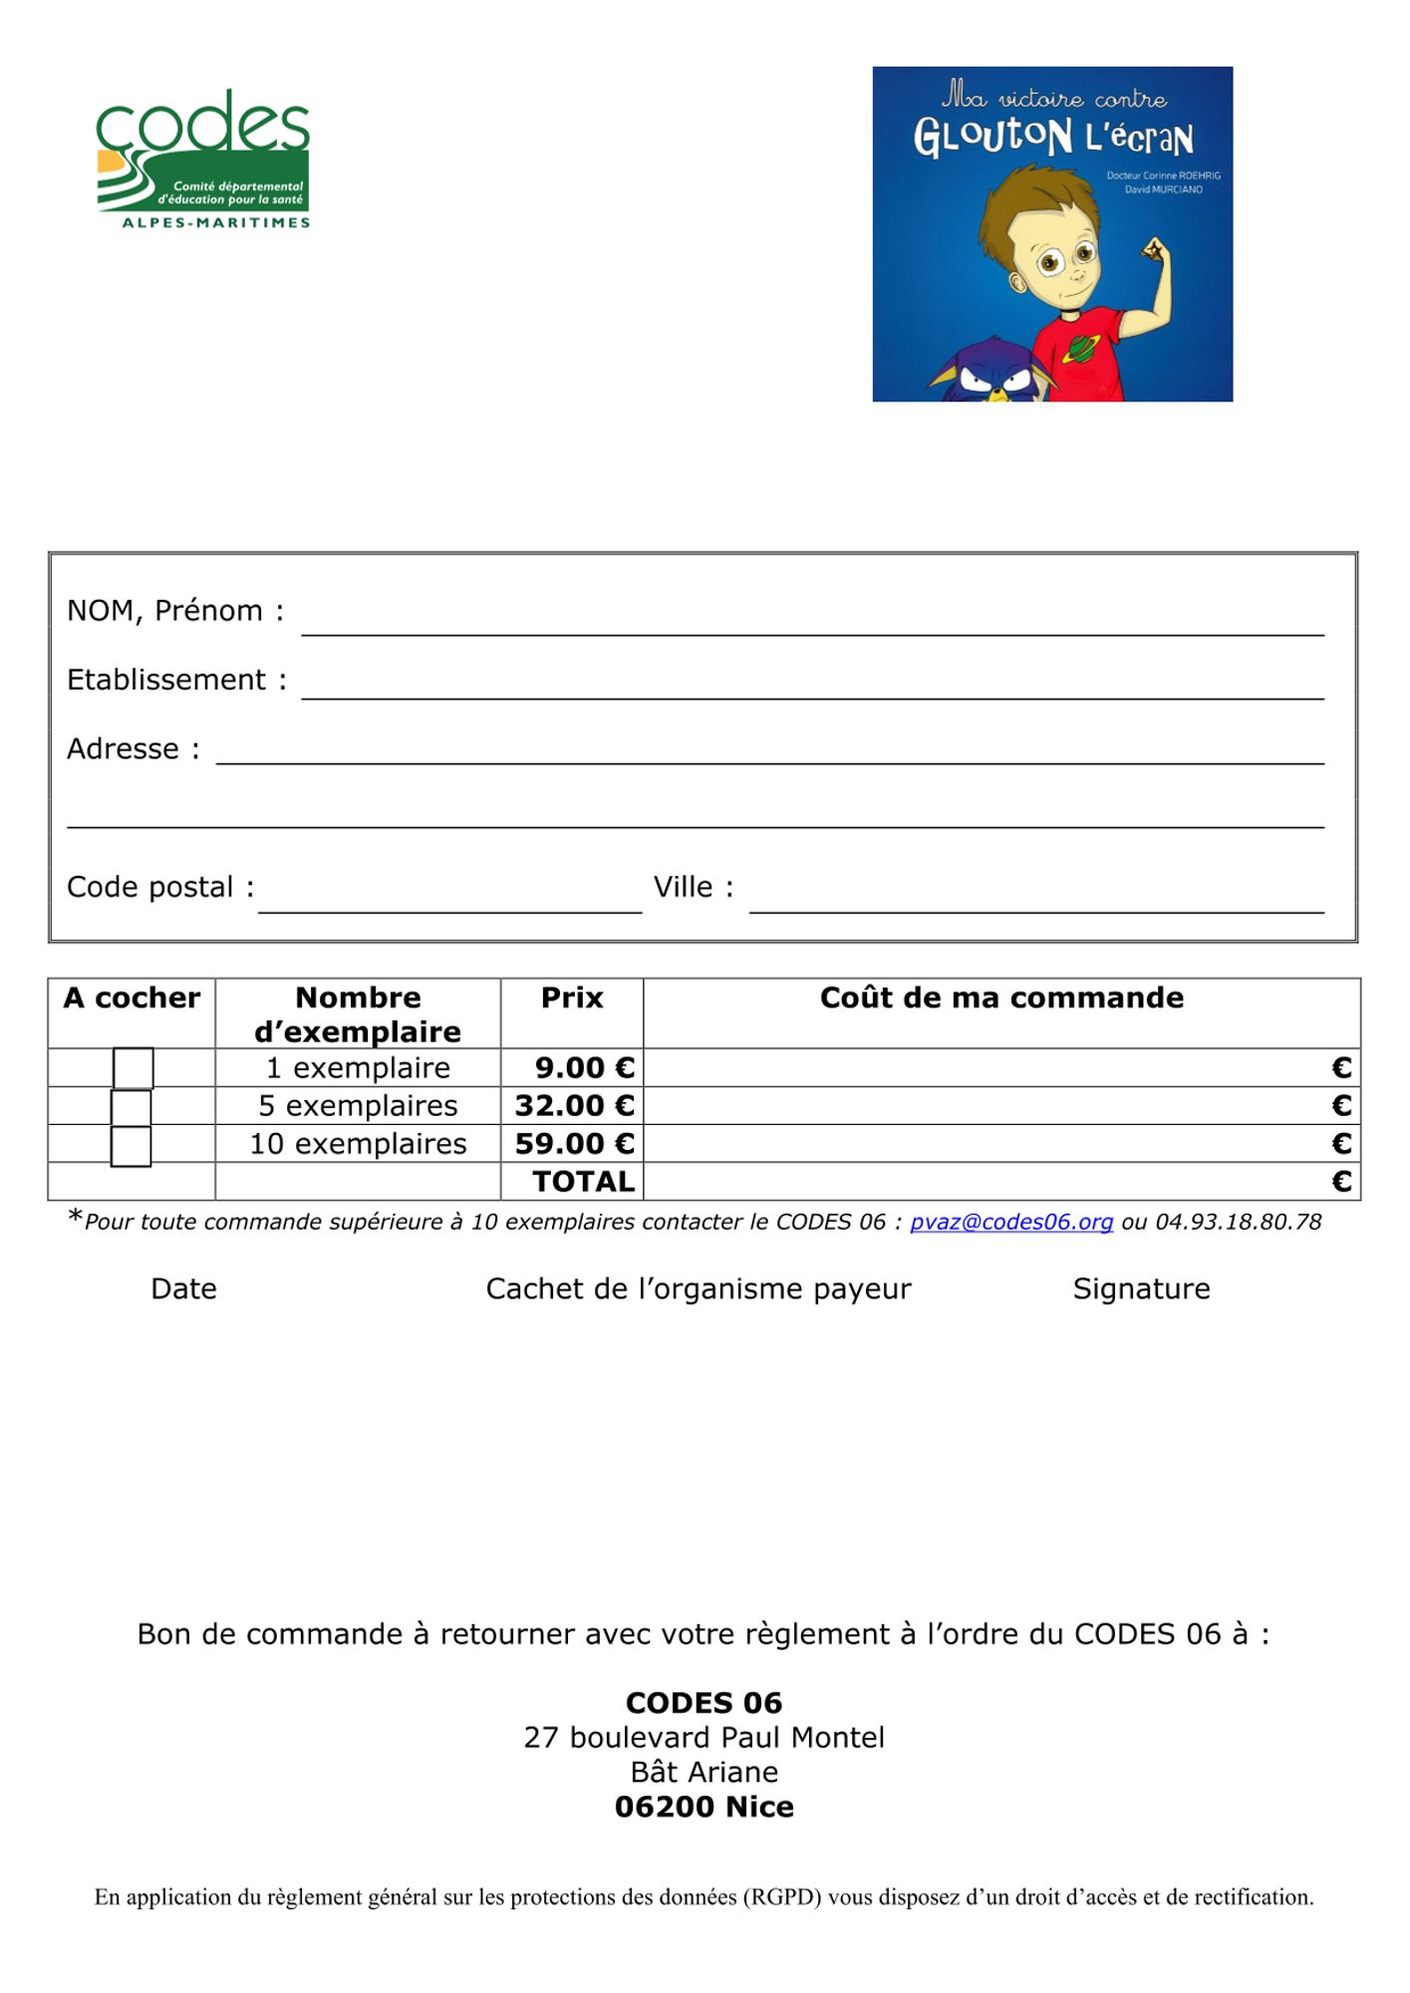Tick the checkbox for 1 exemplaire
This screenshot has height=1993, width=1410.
pyautogui.click(x=133, y=1068)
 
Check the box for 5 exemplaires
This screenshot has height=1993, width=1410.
pyautogui.click(x=131, y=1107)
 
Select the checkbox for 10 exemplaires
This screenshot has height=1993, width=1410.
pyautogui.click(x=131, y=1146)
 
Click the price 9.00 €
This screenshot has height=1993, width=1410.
pyautogui.click(x=584, y=1068)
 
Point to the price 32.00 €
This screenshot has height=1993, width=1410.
pyautogui.click(x=574, y=1106)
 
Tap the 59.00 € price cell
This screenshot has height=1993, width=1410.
pyautogui.click(x=574, y=1144)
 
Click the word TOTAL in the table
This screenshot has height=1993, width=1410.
pyautogui.click(x=583, y=1182)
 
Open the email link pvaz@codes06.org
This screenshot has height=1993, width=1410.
pyautogui.click(x=1010, y=1223)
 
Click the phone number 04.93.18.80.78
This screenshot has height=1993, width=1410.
pyautogui.click(x=1238, y=1223)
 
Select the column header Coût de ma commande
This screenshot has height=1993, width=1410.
pyautogui.click(x=1001, y=998)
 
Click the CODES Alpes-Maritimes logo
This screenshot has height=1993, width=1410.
pyautogui.click(x=203, y=159)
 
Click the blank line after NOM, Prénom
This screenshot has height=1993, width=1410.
pyautogui.click(x=812, y=623)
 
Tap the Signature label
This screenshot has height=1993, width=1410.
pyautogui.click(x=1141, y=1289)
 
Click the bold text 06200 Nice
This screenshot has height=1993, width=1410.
pyautogui.click(x=705, y=1807)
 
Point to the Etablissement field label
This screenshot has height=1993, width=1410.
pyautogui.click(x=166, y=681)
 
